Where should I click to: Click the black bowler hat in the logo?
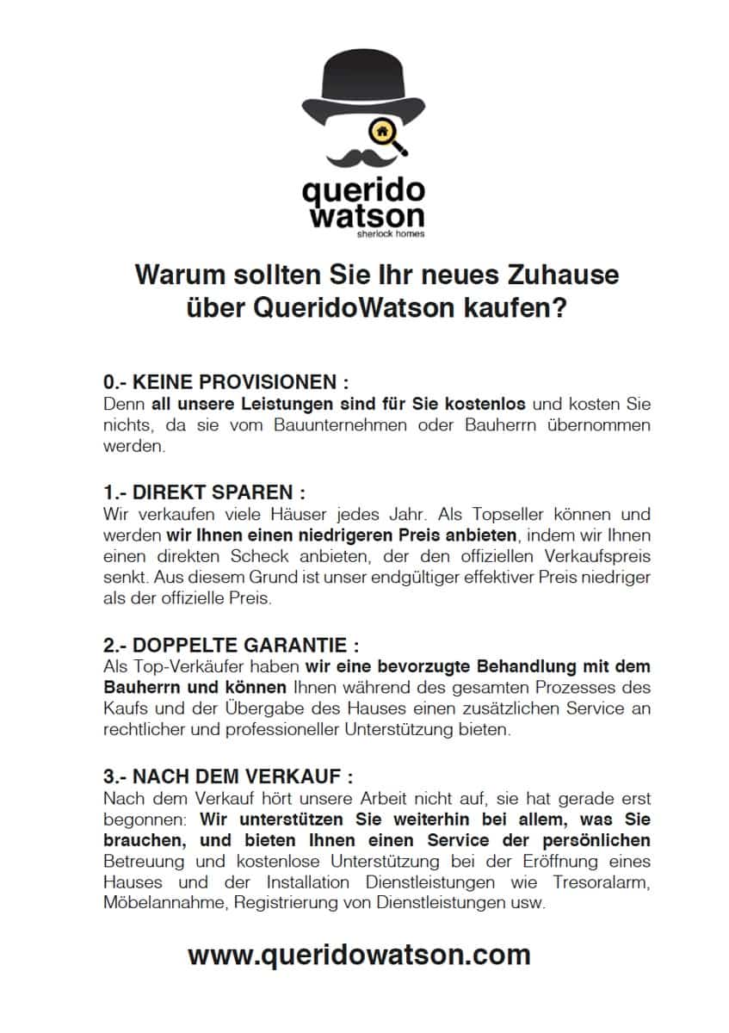364,86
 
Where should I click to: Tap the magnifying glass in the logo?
383,134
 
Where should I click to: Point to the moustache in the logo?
364,158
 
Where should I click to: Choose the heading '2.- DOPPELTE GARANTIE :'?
231,646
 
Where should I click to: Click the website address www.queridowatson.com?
359,955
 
